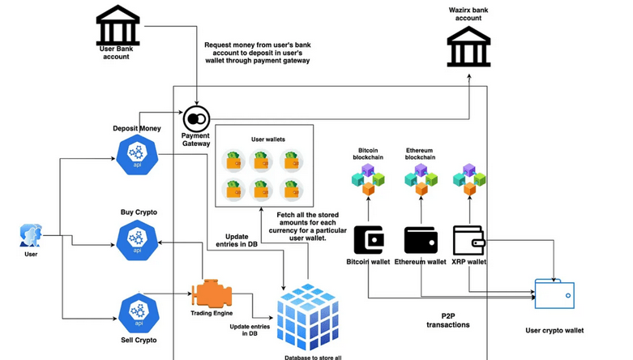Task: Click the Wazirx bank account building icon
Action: coord(468,46)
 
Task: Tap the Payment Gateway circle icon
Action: coord(195,120)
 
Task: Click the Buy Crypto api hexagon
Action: coord(136,239)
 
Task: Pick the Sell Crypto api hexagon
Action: coord(136,313)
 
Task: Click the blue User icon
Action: coord(31,236)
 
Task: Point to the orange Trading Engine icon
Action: coord(212,293)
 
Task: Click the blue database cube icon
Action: coord(307,317)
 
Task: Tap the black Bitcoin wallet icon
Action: coord(369,240)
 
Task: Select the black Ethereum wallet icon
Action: coord(421,240)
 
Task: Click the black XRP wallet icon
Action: coord(468,240)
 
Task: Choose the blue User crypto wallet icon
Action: coord(555,293)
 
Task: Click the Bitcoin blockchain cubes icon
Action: coord(368,179)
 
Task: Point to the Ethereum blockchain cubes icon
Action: coord(421,179)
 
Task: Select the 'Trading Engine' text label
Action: coord(212,313)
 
